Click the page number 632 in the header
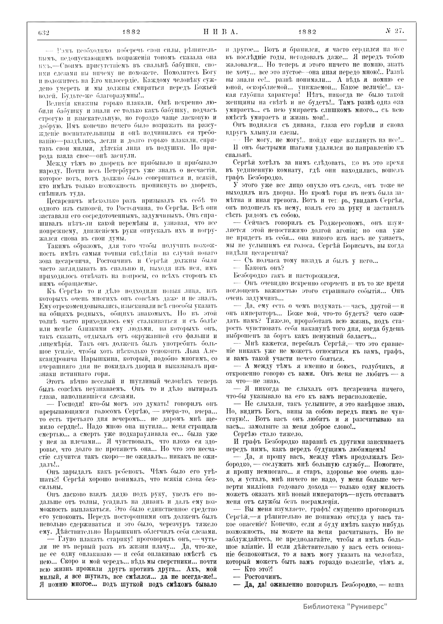pos(44,32)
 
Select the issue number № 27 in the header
pos(395,32)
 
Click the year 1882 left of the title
pos(131,32)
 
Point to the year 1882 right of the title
pos(308,32)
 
